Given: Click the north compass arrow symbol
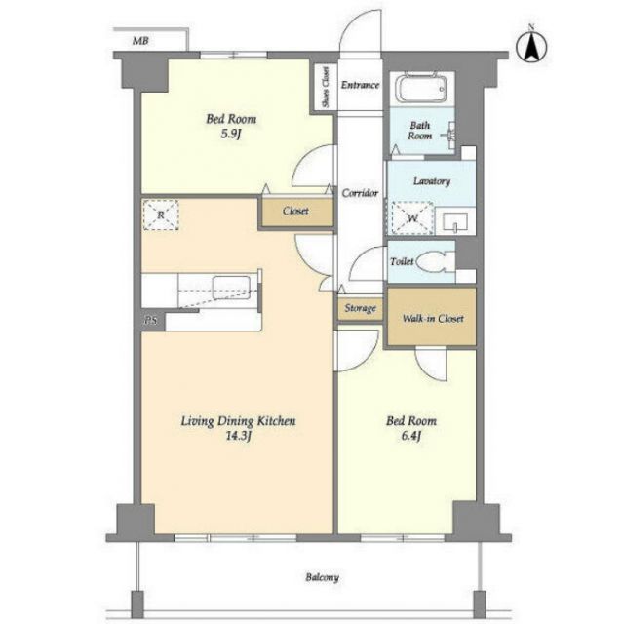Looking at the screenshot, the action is click(x=531, y=46).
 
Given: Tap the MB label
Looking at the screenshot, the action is click(x=140, y=41).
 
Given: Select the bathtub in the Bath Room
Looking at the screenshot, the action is click(x=422, y=87).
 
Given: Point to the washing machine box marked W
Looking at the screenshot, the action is click(x=412, y=218).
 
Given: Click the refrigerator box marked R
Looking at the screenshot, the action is click(x=161, y=214).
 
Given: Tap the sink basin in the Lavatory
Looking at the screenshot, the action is click(x=455, y=221).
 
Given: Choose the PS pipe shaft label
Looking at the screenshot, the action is click(x=151, y=321).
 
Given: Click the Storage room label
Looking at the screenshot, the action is click(x=361, y=308).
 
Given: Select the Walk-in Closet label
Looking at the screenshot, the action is click(x=433, y=319).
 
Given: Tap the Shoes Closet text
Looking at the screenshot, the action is click(x=326, y=87).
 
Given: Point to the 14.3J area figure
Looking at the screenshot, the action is click(x=239, y=436).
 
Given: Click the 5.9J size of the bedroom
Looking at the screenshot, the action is click(x=231, y=135).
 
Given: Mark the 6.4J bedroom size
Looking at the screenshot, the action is click(x=411, y=436).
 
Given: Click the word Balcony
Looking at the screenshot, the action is click(x=323, y=577).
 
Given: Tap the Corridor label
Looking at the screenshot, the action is click(x=360, y=193).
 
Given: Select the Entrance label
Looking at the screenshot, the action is click(x=360, y=85).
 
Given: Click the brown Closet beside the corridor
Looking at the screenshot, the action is click(x=296, y=212).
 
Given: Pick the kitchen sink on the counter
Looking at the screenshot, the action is click(x=231, y=287).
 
